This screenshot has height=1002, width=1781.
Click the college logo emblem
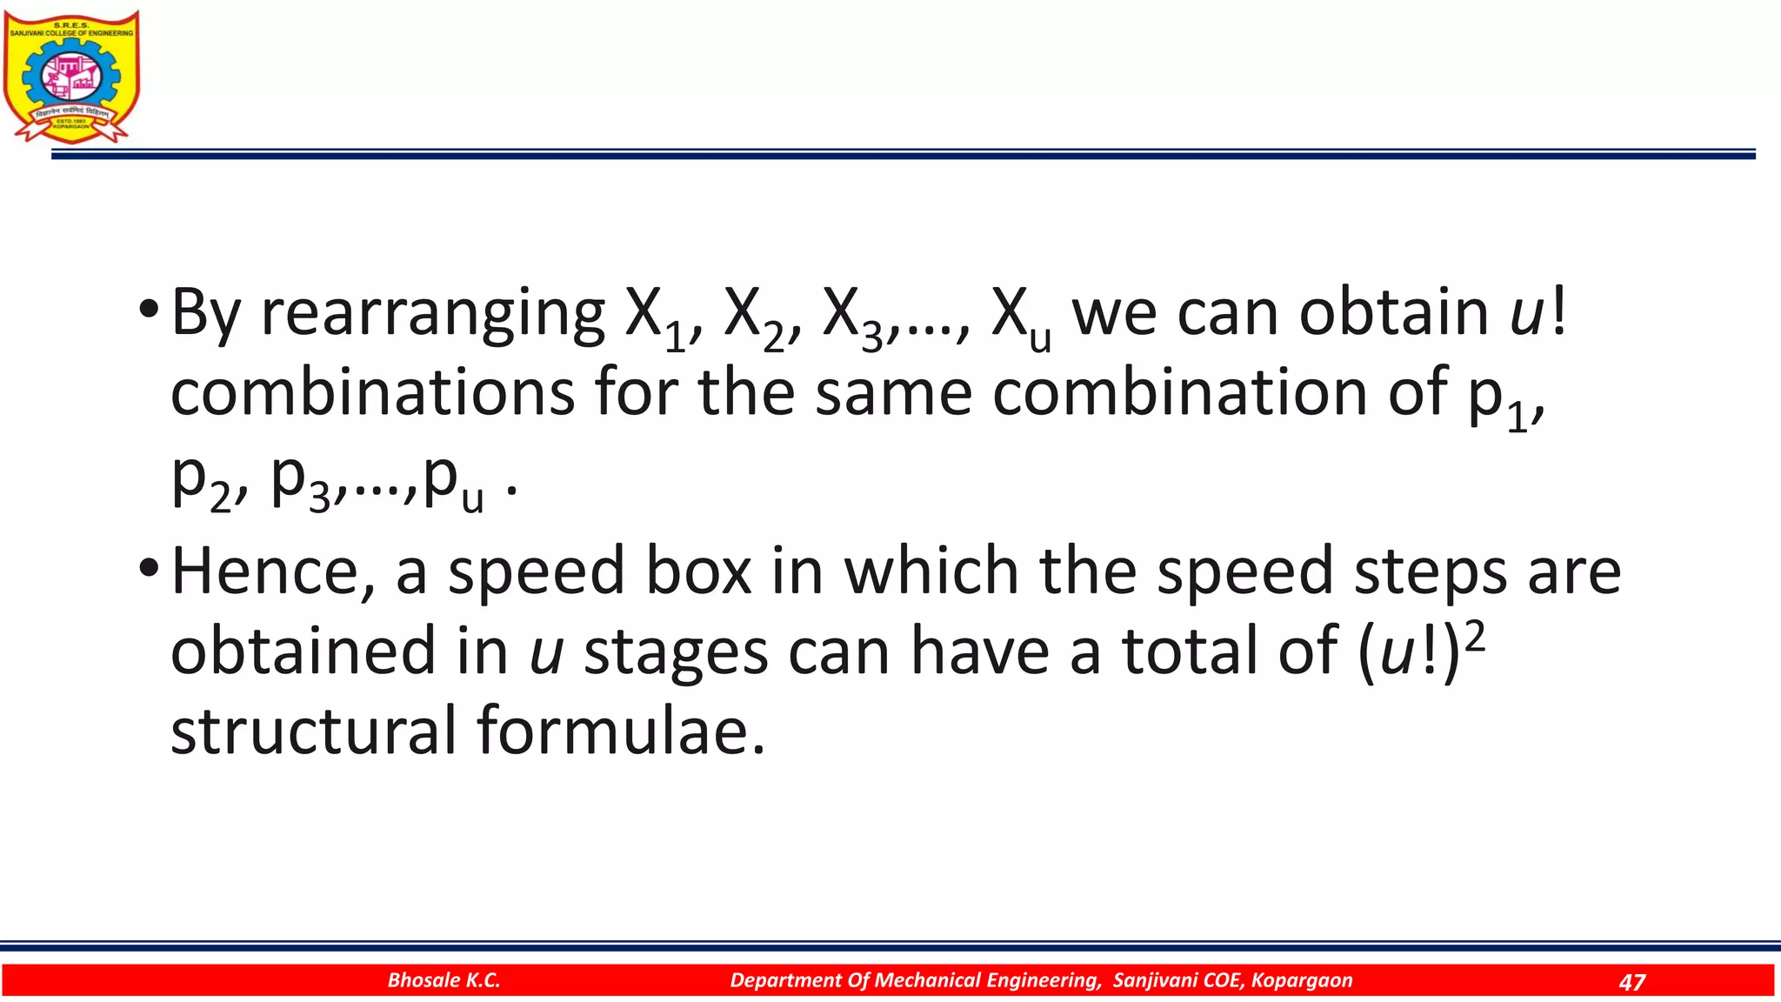pyautogui.click(x=70, y=77)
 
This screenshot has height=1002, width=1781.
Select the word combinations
pyautogui.click(x=372, y=393)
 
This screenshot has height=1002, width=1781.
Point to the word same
pyautogui.click(x=893, y=393)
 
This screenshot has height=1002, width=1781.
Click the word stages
pyautogui.click(x=676, y=652)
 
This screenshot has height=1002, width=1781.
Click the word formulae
pyautogui.click(x=621, y=731)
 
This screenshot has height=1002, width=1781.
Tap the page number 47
pyautogui.click(x=1631, y=982)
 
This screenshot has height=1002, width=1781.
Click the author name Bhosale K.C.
pyautogui.click(x=444, y=980)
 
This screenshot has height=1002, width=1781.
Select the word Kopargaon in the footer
pyautogui.click(x=1301, y=980)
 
